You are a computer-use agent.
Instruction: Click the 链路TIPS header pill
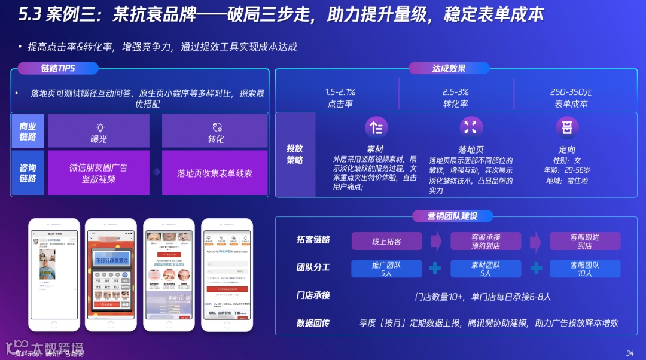click(58, 68)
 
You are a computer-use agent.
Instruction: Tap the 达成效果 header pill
click(449, 68)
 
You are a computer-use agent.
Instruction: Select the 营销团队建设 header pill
click(452, 216)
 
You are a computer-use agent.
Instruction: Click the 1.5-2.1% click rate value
click(340, 92)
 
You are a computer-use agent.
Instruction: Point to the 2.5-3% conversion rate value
click(455, 92)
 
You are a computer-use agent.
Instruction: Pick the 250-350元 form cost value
click(571, 92)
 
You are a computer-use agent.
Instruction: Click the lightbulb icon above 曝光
click(100, 127)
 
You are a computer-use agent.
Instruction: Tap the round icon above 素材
click(376, 127)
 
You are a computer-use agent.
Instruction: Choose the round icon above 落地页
click(471, 127)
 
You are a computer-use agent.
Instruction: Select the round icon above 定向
click(566, 127)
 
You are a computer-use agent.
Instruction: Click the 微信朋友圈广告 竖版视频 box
click(99, 173)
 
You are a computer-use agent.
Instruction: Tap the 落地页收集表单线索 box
click(215, 173)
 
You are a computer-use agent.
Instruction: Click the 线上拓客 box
click(386, 242)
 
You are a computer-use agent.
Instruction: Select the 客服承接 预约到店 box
click(485, 242)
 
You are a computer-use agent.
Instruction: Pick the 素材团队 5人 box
click(485, 269)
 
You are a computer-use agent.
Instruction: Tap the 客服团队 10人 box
click(585, 269)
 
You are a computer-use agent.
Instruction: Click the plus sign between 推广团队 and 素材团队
click(435, 269)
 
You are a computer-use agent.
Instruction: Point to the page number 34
click(629, 352)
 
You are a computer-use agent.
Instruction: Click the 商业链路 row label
click(28, 131)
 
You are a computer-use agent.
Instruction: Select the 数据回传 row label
click(313, 323)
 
